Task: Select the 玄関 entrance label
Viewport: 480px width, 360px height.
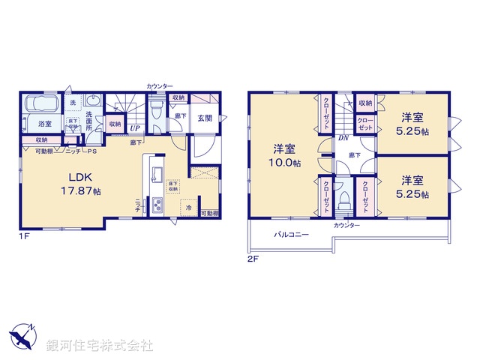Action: tap(205, 118)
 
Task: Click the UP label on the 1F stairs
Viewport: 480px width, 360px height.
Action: tap(133, 128)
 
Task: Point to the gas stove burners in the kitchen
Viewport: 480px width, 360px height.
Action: tap(156, 205)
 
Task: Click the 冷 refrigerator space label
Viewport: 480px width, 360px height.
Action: tap(188, 207)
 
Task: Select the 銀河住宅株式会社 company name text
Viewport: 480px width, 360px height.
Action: tap(100, 346)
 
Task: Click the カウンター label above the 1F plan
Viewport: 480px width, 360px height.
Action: tap(160, 86)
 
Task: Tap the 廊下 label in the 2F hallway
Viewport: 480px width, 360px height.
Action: tap(342, 155)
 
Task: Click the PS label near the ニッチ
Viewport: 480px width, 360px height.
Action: tap(93, 151)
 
